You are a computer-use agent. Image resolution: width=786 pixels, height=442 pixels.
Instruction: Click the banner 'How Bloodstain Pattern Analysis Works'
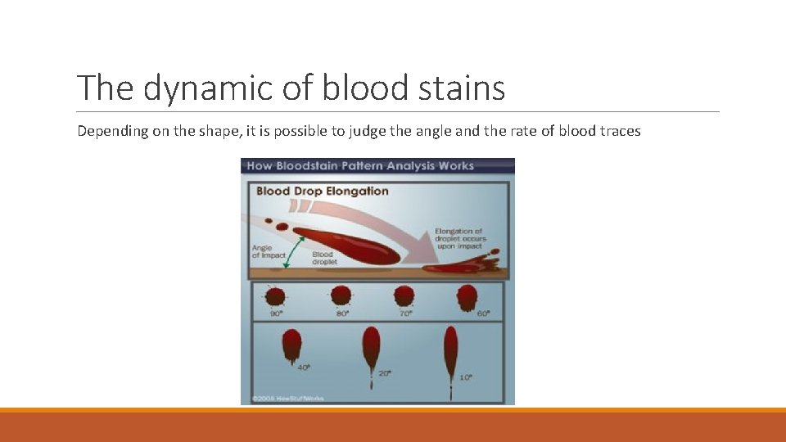click(x=360, y=166)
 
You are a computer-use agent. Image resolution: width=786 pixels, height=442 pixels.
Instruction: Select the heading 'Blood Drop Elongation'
click(x=323, y=192)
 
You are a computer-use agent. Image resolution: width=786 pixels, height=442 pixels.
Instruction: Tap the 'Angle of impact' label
click(x=269, y=252)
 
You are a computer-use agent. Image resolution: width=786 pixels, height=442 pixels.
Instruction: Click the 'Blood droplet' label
click(x=323, y=257)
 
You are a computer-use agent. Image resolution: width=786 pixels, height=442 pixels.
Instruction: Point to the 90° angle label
click(x=276, y=313)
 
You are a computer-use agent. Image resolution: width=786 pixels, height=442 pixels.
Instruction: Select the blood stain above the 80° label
click(x=341, y=295)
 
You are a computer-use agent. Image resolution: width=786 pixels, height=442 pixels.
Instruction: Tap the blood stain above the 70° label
click(x=404, y=295)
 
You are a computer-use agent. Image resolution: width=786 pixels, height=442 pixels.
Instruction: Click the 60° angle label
click(x=484, y=313)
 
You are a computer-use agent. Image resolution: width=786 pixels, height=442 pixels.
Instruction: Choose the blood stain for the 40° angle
click(x=291, y=345)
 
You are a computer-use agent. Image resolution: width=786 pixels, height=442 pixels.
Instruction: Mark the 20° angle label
click(x=385, y=373)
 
